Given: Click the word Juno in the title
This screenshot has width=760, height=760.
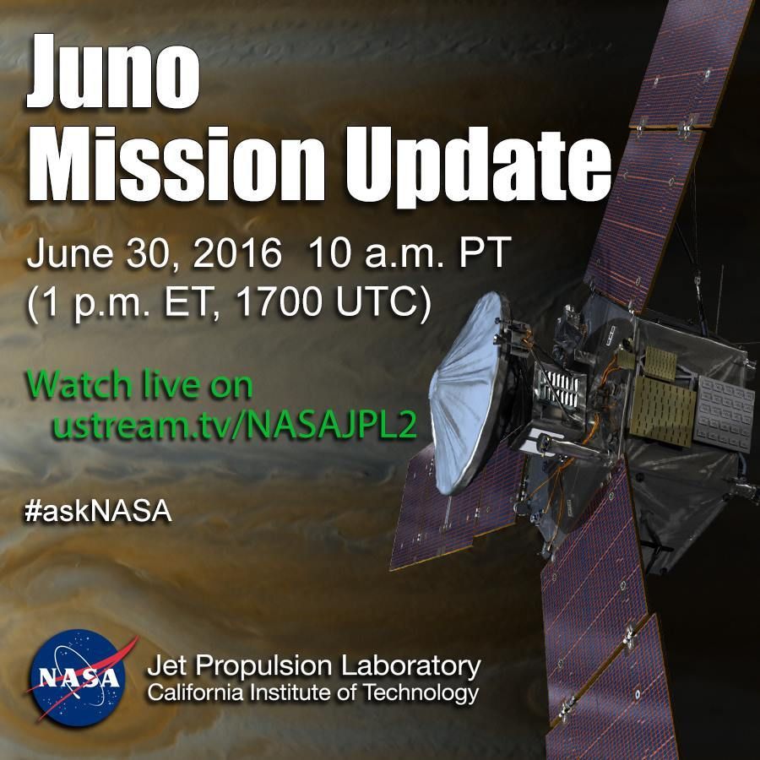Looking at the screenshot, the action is point(113,71).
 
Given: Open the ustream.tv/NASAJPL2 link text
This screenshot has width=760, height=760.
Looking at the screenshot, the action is point(235,425).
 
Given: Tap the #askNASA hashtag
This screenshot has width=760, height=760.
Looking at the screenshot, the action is point(99,512).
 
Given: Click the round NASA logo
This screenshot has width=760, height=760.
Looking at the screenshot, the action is point(78,678).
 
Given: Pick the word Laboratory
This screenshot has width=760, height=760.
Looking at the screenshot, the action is point(411,667).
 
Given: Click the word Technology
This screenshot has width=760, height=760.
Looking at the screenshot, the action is point(421,692).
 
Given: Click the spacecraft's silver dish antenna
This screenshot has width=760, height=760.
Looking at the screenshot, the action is point(465,393).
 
